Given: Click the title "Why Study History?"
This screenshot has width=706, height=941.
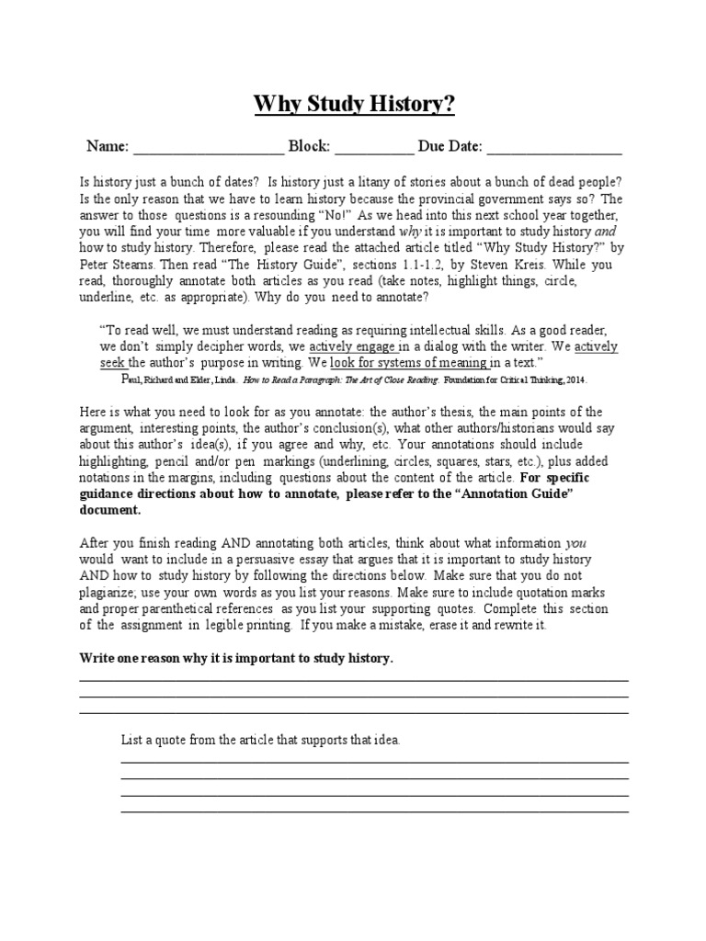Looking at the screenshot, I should pyautogui.click(x=354, y=106).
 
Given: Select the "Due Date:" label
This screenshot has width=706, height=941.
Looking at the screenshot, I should pyautogui.click(x=450, y=147).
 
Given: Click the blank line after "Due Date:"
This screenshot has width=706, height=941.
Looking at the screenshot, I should pyautogui.click(x=553, y=149).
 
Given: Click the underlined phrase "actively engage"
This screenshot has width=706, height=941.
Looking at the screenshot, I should pyautogui.click(x=352, y=347).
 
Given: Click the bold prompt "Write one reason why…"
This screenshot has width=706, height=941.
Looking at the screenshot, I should pyautogui.click(x=236, y=660).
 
